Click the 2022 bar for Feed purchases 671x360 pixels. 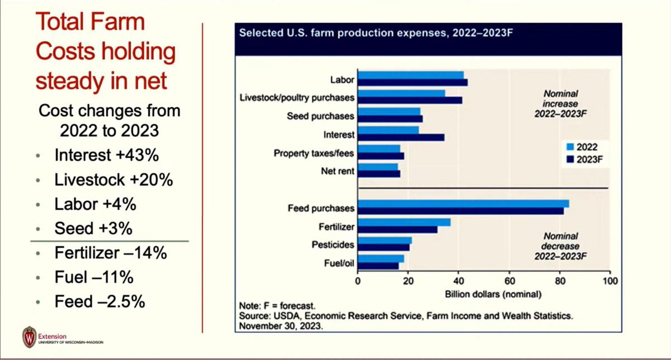[x=463, y=203]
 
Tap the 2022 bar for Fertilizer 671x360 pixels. [x=404, y=222]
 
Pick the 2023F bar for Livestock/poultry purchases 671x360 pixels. [x=409, y=100]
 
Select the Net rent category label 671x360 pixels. [x=338, y=172]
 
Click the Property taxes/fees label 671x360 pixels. [x=314, y=153]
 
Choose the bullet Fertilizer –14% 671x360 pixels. [x=111, y=253]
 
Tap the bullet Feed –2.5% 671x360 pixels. [x=100, y=302]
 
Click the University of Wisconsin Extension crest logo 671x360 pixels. [x=29, y=337]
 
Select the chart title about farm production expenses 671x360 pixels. [x=376, y=32]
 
